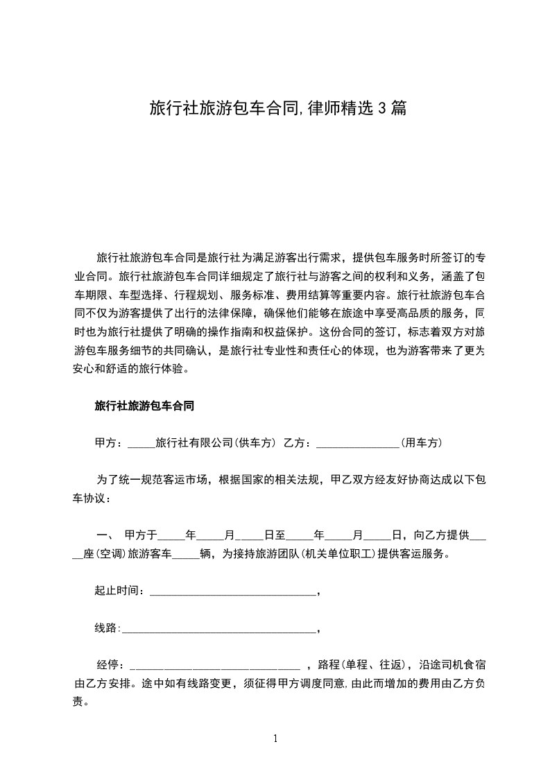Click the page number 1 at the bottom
click(x=275, y=738)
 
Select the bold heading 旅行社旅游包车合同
click(x=144, y=407)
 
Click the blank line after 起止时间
click(x=232, y=591)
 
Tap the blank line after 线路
click(x=218, y=629)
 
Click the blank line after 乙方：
click(x=357, y=443)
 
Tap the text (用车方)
click(x=422, y=443)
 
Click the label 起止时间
click(x=119, y=591)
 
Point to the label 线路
click(x=106, y=629)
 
